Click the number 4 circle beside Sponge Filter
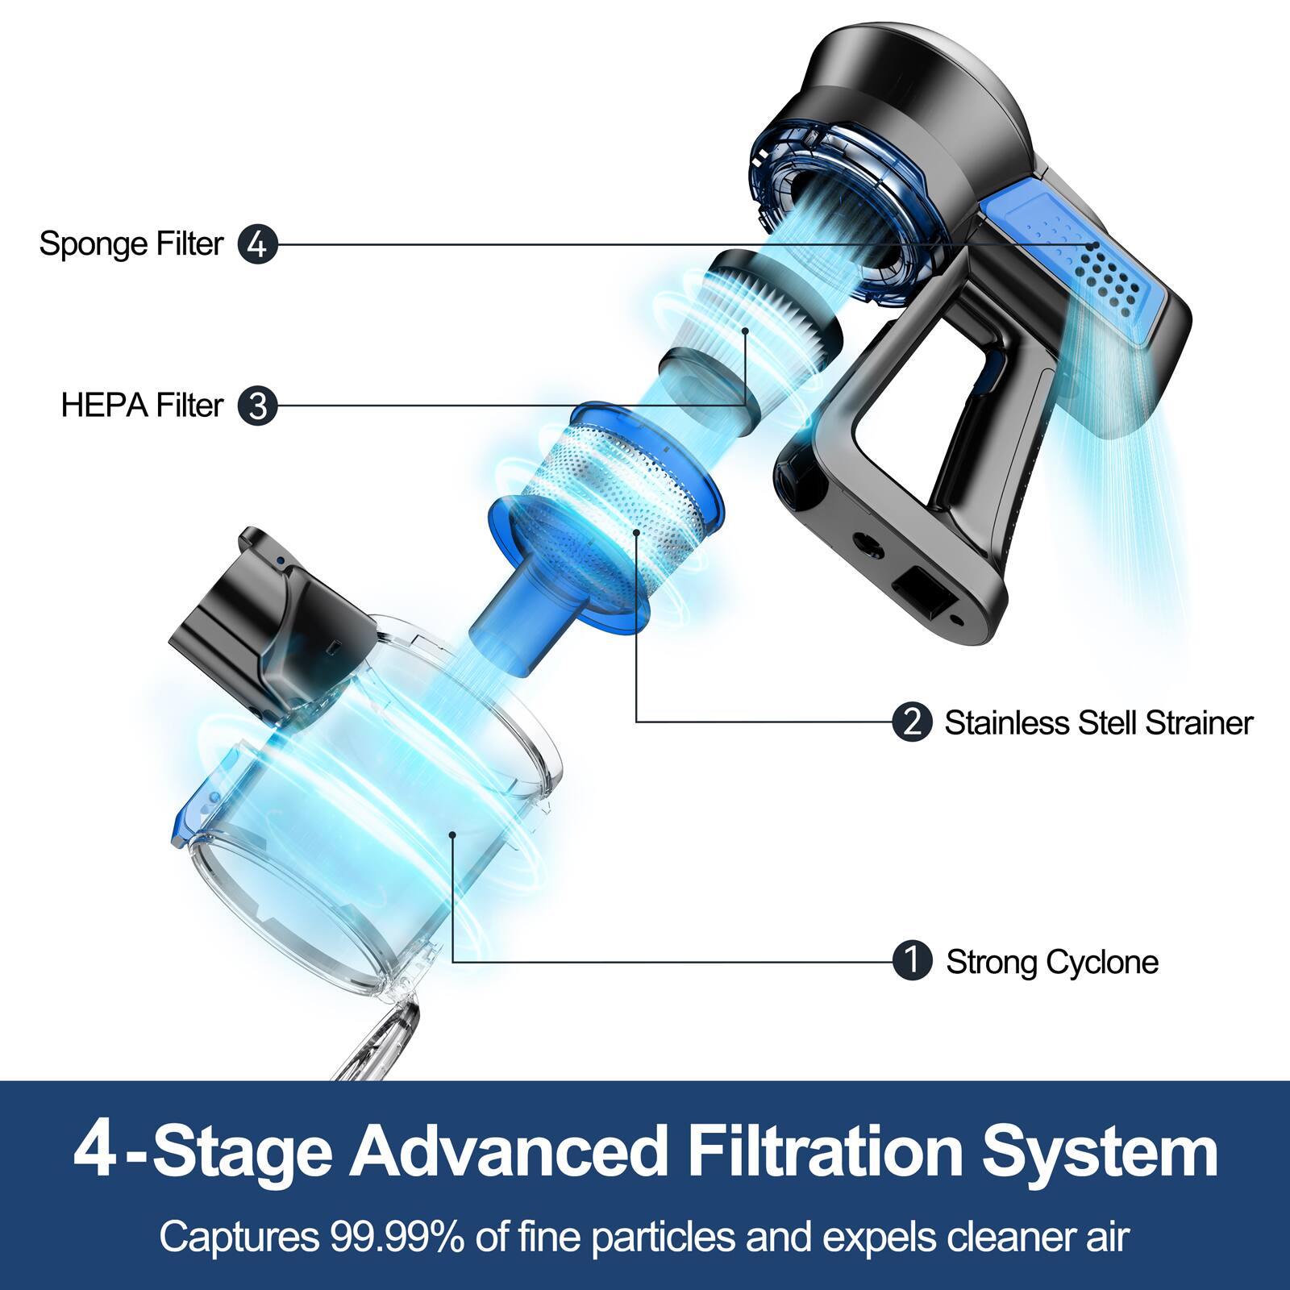click(x=257, y=244)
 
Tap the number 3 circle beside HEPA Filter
click(x=257, y=406)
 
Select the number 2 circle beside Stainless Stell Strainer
click(x=912, y=722)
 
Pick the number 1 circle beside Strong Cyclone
click(x=912, y=961)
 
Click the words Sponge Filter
click(x=131, y=244)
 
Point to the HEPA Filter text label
click(x=142, y=406)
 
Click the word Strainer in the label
click(x=1199, y=723)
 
